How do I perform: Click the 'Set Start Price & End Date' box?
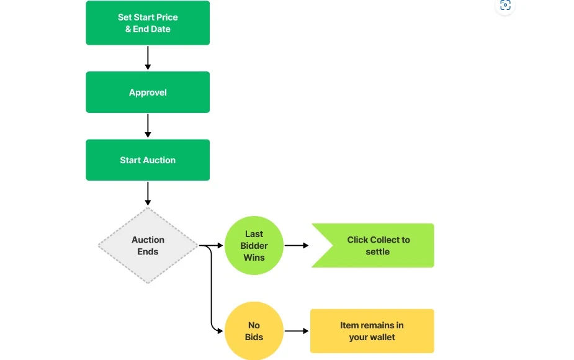click(148, 23)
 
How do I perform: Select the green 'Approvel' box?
click(148, 92)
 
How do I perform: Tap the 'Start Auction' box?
click(148, 160)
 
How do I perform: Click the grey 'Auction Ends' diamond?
click(148, 245)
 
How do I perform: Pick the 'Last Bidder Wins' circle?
click(254, 245)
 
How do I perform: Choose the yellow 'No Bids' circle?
click(254, 331)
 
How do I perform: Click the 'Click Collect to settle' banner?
click(373, 245)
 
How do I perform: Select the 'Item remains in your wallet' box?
click(372, 331)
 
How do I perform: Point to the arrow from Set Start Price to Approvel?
click(148, 58)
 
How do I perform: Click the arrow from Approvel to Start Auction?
click(148, 125)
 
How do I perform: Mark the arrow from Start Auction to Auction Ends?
click(148, 194)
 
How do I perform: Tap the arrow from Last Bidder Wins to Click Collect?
click(297, 245)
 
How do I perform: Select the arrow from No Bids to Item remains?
click(297, 331)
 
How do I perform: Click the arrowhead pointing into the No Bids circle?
click(220, 331)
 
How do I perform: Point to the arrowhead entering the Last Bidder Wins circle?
click(220, 245)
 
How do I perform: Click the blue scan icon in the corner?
click(505, 5)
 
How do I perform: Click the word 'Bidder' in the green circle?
click(254, 246)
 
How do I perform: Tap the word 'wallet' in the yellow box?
click(383, 337)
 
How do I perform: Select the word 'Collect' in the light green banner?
click(379, 240)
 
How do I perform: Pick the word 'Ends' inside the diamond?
click(148, 251)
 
